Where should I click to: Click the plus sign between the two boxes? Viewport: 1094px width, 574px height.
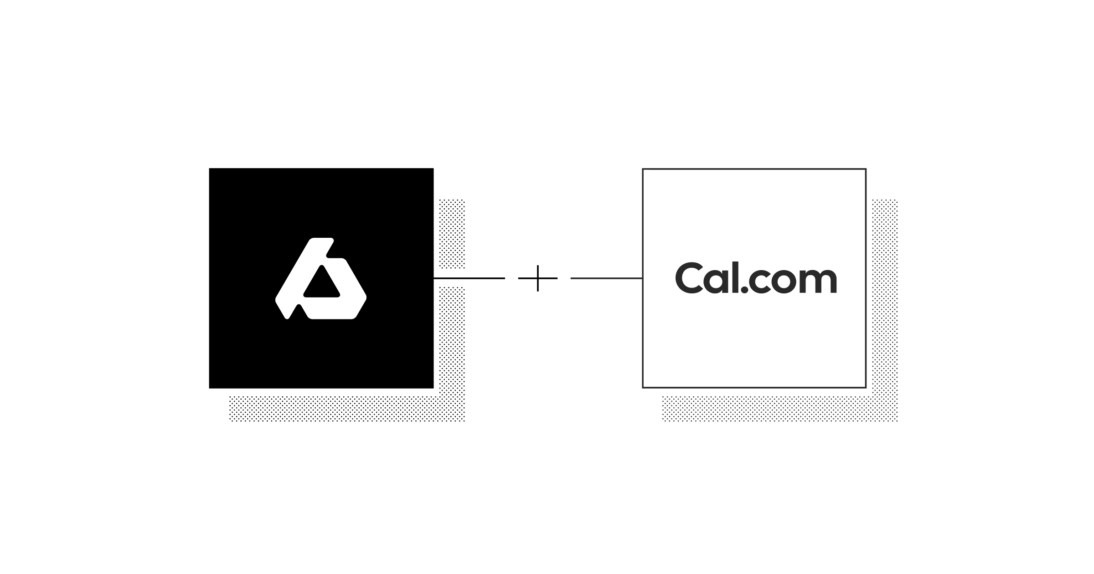click(538, 278)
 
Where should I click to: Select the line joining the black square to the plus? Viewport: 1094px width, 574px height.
click(470, 278)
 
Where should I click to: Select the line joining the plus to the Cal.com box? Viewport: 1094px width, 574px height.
click(606, 278)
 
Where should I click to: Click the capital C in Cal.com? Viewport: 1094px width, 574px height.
click(690, 278)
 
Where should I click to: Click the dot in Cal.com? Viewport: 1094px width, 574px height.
click(744, 290)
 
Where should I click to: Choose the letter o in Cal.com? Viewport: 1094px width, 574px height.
click(787, 282)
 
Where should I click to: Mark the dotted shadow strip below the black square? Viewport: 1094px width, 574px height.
click(346, 409)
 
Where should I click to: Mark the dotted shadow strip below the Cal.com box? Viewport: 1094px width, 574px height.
click(779, 409)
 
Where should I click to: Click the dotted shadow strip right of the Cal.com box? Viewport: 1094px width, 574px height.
click(885, 296)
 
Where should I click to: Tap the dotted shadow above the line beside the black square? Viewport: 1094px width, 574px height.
click(452, 233)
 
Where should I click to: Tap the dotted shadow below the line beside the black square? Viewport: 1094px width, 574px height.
click(452, 337)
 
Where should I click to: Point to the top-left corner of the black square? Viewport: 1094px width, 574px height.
click(210, 169)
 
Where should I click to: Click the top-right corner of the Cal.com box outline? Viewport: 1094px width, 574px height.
click(865, 169)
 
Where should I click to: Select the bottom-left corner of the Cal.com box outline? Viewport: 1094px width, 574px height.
click(643, 387)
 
